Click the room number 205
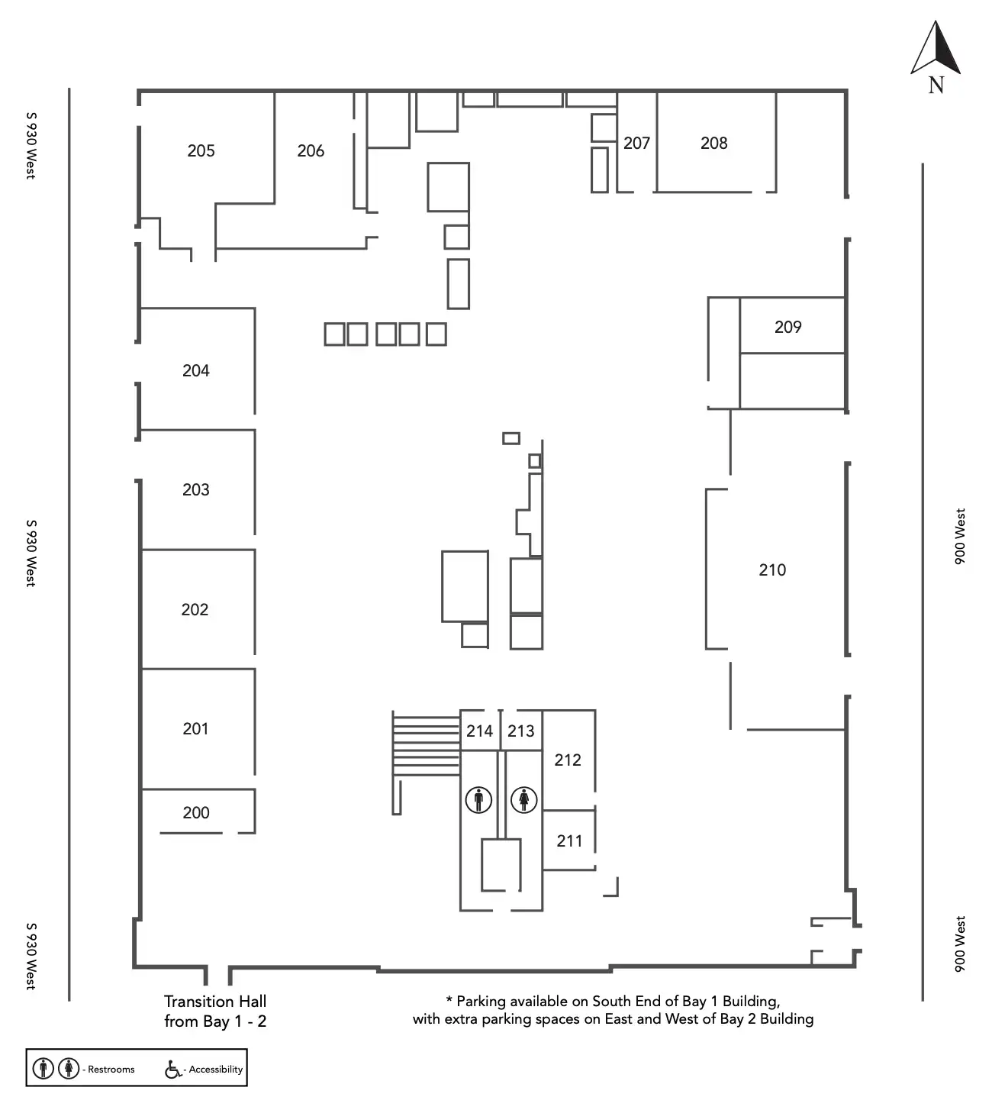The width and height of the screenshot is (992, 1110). coord(201,151)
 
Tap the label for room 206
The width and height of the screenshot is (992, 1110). coord(311,151)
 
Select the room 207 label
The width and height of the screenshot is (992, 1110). coord(636,143)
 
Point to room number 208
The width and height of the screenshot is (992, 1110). coord(713,143)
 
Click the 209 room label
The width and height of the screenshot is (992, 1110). coord(787,327)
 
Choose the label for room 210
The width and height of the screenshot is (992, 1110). coord(772,570)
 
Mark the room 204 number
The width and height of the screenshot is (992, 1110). coord(195,370)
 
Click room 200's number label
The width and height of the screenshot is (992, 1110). coord(196,812)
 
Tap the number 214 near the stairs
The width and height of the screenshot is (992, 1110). coord(479,731)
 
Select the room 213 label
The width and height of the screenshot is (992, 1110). coord(521,731)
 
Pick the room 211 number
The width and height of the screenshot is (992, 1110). coord(569,841)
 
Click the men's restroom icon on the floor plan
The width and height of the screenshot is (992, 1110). coord(478,800)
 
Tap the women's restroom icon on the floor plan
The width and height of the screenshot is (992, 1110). coord(524,800)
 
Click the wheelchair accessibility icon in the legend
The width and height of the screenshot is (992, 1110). coord(173,1070)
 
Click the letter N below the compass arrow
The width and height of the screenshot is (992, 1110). coord(936,86)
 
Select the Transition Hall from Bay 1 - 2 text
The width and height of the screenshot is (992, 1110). coord(215,1011)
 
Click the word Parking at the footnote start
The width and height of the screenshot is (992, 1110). coord(481,1001)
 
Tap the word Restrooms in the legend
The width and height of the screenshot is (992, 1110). coord(111,1070)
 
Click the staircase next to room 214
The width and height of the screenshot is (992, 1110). coord(425,744)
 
